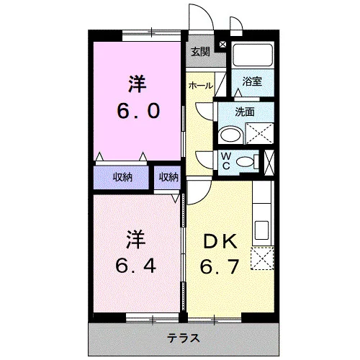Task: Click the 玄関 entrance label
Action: (x=200, y=52)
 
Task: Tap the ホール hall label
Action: (x=201, y=86)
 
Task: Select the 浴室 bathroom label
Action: (x=252, y=81)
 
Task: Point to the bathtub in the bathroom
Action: (x=253, y=55)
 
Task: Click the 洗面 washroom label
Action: (x=245, y=112)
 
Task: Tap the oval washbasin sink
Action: (x=230, y=135)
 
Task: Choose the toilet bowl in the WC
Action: (x=245, y=161)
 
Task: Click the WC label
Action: (x=226, y=161)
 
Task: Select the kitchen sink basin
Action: (x=262, y=230)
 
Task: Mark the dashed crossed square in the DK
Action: (x=262, y=258)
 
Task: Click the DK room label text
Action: (x=220, y=242)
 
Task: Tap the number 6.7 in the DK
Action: (x=220, y=266)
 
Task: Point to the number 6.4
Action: (x=136, y=266)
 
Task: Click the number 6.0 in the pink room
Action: (x=138, y=111)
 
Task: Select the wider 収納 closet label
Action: (x=122, y=177)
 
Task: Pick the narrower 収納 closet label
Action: (x=168, y=177)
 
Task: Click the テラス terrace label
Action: (x=184, y=338)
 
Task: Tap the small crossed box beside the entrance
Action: (x=222, y=44)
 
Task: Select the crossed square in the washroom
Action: (x=259, y=133)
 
